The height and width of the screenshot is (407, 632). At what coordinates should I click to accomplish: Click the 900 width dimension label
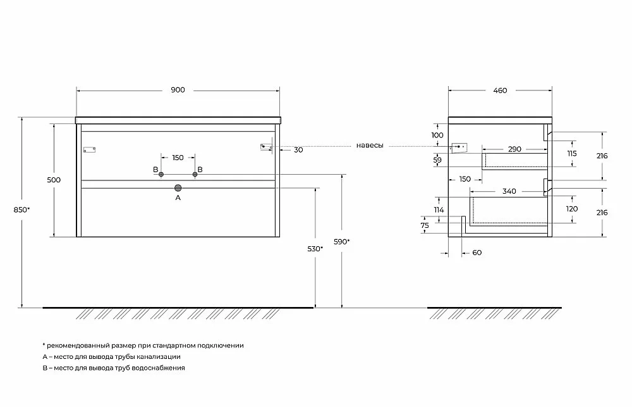178,90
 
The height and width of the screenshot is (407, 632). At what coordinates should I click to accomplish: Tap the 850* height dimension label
21,210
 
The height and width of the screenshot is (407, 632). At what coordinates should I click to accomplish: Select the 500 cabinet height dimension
54,180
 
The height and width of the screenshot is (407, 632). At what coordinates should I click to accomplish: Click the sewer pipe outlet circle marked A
178,188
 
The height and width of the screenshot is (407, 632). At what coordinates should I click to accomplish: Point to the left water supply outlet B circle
161,175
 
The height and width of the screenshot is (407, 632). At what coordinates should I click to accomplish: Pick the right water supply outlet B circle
195,175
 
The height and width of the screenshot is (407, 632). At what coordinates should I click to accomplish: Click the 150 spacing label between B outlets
178,158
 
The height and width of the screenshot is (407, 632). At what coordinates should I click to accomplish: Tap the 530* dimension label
315,249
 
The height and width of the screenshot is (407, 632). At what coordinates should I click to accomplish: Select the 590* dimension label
342,241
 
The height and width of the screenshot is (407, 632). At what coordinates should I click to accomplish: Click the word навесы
370,146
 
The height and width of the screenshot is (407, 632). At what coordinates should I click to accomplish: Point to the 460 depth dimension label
500,91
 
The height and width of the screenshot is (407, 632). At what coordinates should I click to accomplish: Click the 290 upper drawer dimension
514,149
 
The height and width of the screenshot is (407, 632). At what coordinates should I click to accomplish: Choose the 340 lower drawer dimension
509,191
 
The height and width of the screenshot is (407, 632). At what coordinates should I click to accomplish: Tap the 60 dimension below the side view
477,253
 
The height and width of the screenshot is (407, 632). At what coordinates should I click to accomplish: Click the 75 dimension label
425,226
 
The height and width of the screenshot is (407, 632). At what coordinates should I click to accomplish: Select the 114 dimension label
439,210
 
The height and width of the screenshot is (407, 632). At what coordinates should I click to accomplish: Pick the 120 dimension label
572,209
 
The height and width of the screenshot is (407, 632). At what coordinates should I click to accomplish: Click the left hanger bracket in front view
90,150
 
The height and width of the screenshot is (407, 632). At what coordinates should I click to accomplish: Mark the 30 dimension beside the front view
298,150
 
